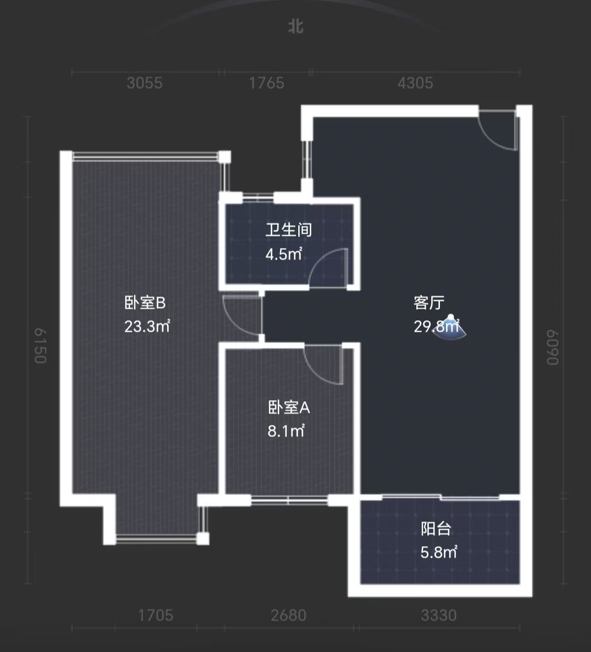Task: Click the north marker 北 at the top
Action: click(296, 26)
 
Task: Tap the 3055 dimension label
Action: click(144, 83)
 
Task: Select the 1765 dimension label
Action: click(266, 83)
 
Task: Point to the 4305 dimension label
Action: click(415, 83)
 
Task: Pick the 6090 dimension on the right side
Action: click(552, 347)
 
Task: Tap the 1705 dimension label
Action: click(155, 615)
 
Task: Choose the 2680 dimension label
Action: click(288, 615)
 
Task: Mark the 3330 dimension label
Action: click(438, 615)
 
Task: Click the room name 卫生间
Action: click(288, 229)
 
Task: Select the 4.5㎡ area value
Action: click(284, 254)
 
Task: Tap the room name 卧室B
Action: click(145, 303)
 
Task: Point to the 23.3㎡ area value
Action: click(147, 326)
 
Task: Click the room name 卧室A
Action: click(289, 407)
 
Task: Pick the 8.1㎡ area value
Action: click(286, 430)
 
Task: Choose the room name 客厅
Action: click(429, 303)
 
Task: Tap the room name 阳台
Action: click(436, 529)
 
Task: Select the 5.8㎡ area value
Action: click(438, 552)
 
